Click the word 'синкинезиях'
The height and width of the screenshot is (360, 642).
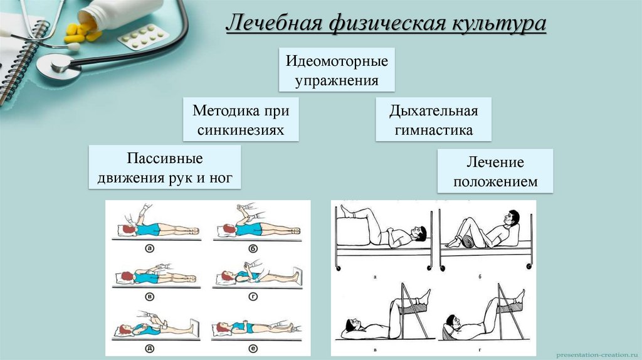tap(241, 130)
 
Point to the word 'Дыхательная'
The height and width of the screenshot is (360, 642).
tap(433, 111)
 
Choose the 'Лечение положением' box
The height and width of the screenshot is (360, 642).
tap(495, 172)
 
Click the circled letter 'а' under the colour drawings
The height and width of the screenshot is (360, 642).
tap(150, 248)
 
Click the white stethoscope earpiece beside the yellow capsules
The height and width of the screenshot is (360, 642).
tap(73, 47)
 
